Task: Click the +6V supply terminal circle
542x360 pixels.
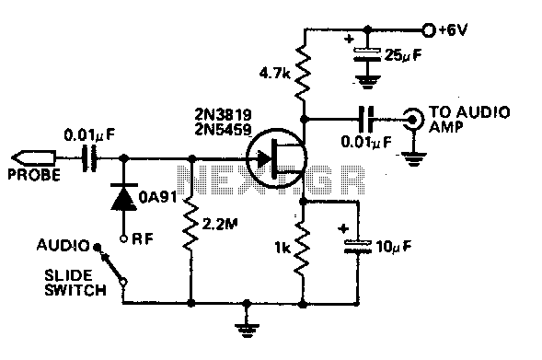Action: [429, 30]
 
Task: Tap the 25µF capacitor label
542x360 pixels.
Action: [403, 55]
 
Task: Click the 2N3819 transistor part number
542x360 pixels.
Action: [223, 114]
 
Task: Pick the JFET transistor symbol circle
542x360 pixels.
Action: [277, 158]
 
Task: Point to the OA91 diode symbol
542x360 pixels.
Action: [123, 197]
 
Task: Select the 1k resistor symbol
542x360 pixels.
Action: [303, 248]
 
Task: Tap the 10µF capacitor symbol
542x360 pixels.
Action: [358, 248]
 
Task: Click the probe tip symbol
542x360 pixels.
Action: [33, 158]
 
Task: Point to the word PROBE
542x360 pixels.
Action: [34, 175]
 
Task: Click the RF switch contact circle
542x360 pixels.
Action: [123, 238]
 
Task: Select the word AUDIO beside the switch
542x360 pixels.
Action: [63, 246]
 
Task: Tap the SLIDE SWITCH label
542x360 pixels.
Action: [75, 283]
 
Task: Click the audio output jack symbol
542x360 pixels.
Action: [413, 120]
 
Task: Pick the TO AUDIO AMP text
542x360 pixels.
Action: [469, 120]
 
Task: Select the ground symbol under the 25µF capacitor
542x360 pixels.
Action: [367, 82]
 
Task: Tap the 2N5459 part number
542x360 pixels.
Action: [223, 129]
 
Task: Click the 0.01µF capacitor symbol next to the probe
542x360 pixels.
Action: [89, 158]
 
